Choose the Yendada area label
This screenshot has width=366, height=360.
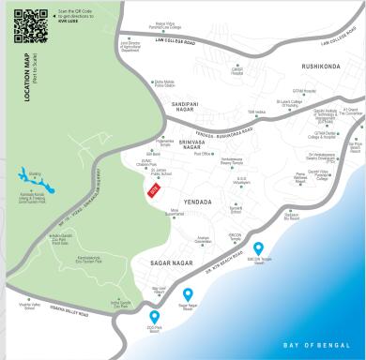pyautogui.click(x=199, y=202)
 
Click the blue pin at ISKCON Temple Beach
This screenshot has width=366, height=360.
pyautogui.click(x=258, y=248)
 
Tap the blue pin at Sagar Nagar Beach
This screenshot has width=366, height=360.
pyautogui.click(x=188, y=294)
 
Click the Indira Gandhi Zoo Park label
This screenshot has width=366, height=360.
pyautogui.click(x=119, y=304)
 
